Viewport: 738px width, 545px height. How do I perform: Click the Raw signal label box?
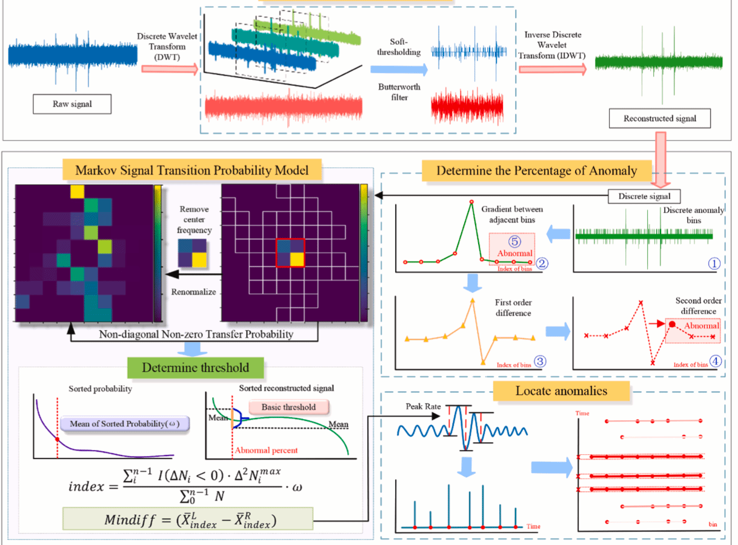click(72, 104)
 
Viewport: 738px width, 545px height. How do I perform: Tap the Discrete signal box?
click(644, 196)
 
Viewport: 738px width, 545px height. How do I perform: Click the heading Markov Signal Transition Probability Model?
click(191, 170)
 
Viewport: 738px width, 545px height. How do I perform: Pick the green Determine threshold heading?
click(195, 368)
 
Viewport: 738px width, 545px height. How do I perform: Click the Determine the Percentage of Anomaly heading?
click(536, 170)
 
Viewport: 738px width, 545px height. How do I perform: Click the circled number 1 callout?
click(715, 263)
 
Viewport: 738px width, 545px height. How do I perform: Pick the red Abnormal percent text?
click(266, 451)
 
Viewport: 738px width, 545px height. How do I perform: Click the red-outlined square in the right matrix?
click(290, 253)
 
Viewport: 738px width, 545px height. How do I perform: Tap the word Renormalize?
click(193, 291)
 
